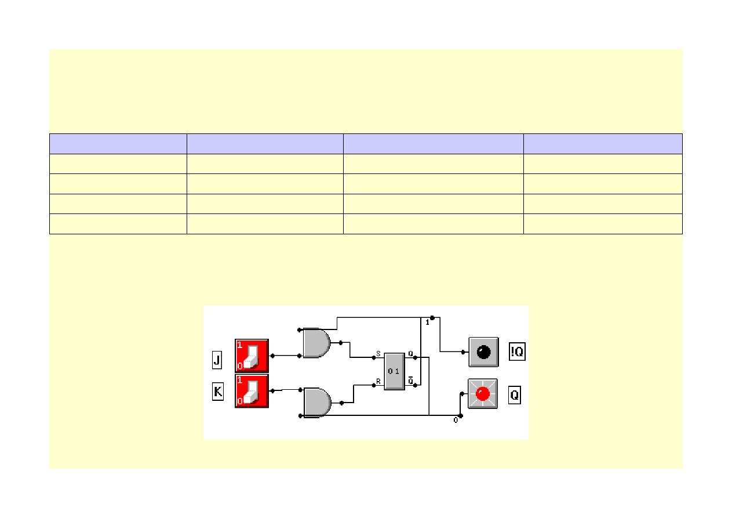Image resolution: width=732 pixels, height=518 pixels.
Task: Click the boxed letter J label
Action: (x=217, y=361)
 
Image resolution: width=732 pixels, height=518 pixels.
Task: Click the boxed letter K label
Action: (x=217, y=392)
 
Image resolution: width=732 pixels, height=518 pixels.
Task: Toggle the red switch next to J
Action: (x=252, y=356)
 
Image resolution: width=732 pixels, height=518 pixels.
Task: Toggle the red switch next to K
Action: (x=252, y=390)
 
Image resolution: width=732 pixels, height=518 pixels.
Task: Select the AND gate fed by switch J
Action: (x=316, y=343)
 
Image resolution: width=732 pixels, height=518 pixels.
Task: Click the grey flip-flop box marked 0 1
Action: (x=394, y=371)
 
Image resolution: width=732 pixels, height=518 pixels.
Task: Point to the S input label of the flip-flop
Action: (x=378, y=353)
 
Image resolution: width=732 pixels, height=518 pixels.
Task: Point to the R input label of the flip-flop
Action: (x=378, y=382)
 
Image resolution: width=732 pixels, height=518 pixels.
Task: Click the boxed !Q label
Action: (x=517, y=352)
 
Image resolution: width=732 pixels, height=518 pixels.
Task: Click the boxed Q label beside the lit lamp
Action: (x=514, y=396)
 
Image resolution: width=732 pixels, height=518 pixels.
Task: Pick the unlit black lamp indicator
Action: (x=483, y=352)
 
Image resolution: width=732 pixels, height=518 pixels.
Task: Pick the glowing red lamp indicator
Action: (x=483, y=394)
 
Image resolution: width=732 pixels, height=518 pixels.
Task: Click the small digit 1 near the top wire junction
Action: (x=428, y=322)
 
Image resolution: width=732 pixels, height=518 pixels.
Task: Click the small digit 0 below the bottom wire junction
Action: (x=456, y=421)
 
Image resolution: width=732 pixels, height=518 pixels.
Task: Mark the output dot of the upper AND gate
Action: (x=340, y=343)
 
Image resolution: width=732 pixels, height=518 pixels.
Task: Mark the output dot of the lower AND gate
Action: (x=341, y=403)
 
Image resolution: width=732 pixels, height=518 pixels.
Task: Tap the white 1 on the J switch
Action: (x=239, y=345)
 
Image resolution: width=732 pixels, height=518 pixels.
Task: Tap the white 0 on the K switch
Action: (x=239, y=401)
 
